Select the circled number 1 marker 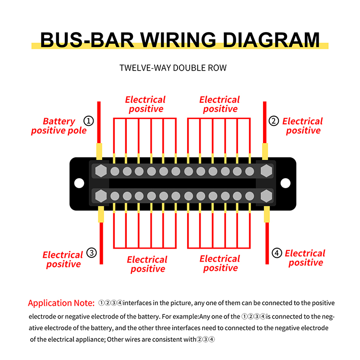[x=88, y=120]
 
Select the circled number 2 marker [x=274, y=121]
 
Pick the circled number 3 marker [x=92, y=254]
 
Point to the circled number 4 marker [x=277, y=253]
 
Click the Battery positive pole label [x=59, y=126]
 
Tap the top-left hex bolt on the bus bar [x=101, y=171]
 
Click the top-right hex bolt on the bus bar [x=266, y=171]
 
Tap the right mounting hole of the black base [x=286, y=183]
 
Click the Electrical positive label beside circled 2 [x=302, y=126]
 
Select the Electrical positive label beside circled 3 [x=63, y=259]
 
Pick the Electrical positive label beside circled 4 [x=305, y=258]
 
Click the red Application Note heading [x=61, y=303]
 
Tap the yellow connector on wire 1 [x=99, y=151]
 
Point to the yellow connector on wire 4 [x=267, y=215]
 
